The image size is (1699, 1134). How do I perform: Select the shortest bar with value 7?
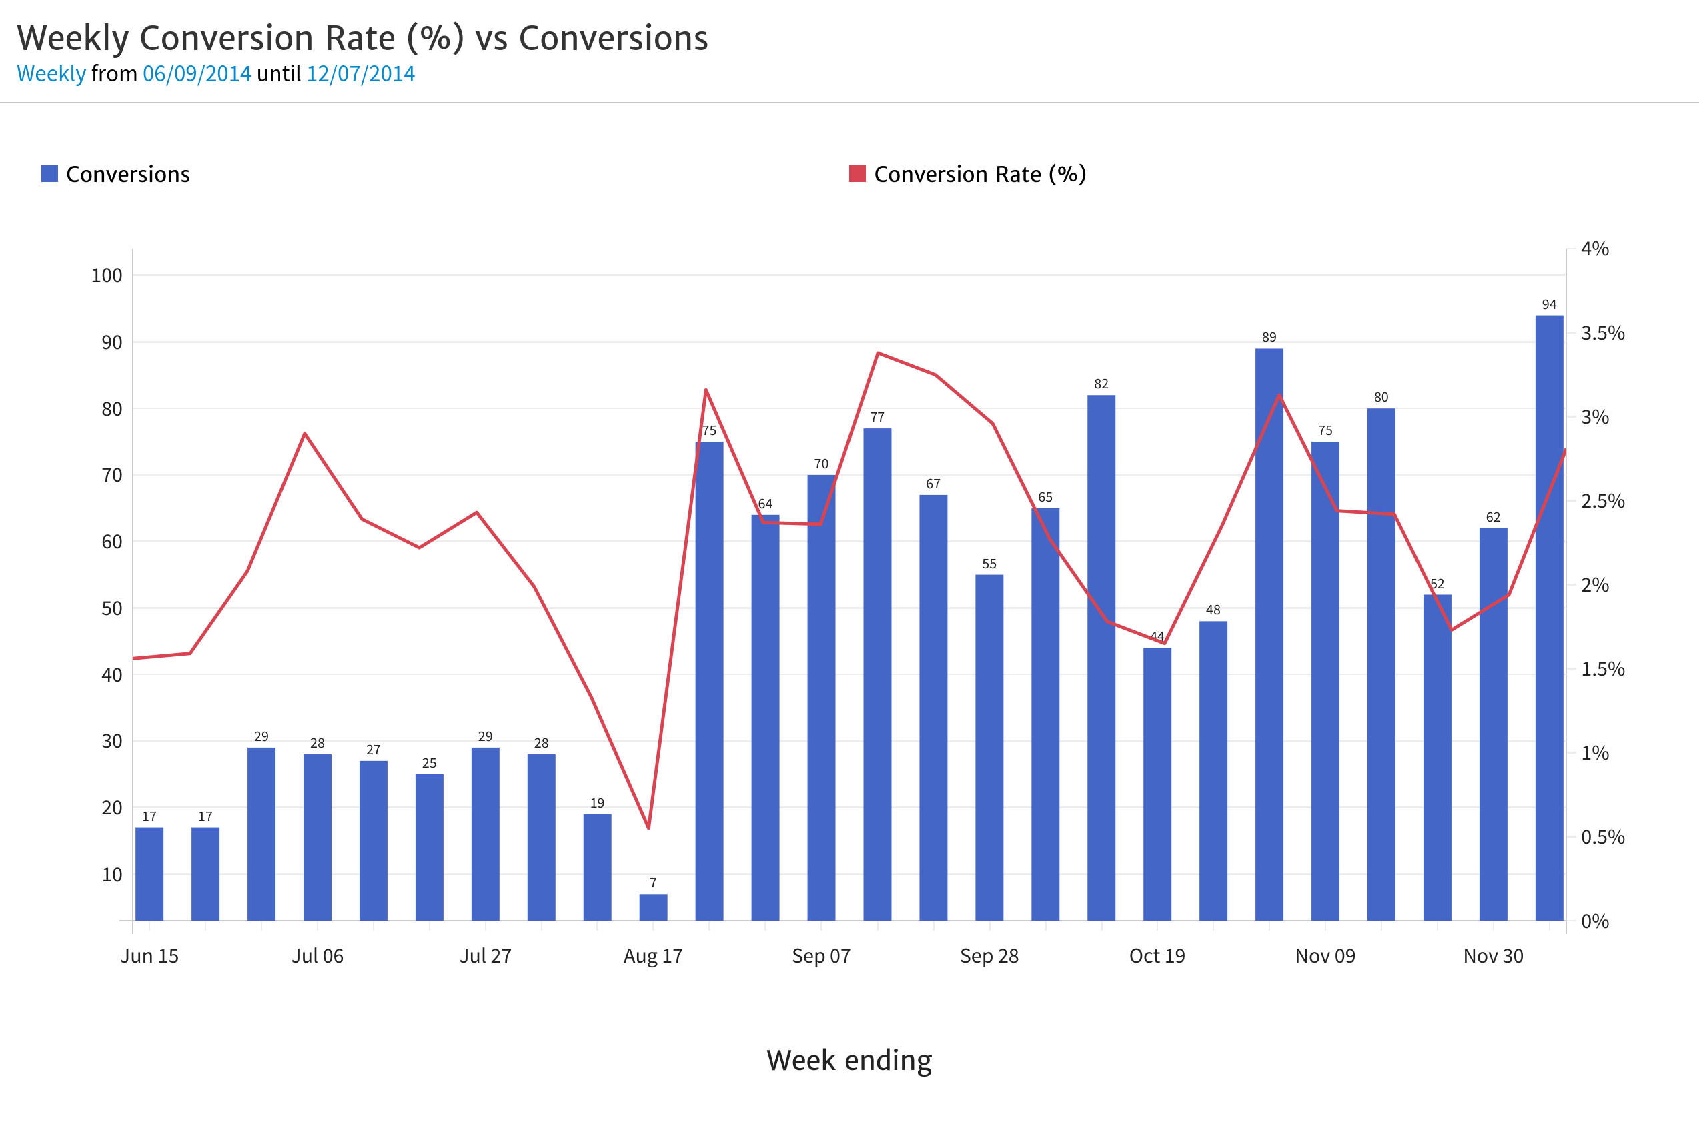pyautogui.click(x=653, y=907)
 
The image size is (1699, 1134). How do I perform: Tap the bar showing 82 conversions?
pyautogui.click(x=1101, y=658)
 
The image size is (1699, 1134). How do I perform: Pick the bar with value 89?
pyautogui.click(x=1269, y=634)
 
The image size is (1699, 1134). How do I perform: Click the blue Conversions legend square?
pyautogui.click(x=49, y=174)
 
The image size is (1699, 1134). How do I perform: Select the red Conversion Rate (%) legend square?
pyautogui.click(x=857, y=174)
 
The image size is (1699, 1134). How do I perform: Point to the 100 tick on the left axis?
pyautogui.click(x=106, y=275)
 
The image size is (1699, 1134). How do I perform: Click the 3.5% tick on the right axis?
pyautogui.click(x=1602, y=334)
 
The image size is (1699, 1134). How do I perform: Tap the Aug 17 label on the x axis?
pyautogui.click(x=653, y=956)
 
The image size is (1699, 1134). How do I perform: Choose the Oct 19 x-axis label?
pyautogui.click(x=1157, y=956)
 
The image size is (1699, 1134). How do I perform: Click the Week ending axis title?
pyautogui.click(x=849, y=1060)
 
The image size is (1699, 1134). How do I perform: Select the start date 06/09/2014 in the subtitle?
pyautogui.click(x=197, y=74)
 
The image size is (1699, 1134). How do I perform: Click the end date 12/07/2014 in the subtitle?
pyautogui.click(x=360, y=74)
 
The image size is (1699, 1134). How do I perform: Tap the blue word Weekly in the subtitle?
pyautogui.click(x=51, y=74)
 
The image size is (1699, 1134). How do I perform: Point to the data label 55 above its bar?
pyautogui.click(x=989, y=564)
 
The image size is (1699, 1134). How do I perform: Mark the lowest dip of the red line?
pyautogui.click(x=649, y=828)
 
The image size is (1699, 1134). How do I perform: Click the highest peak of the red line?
pyautogui.click(x=877, y=353)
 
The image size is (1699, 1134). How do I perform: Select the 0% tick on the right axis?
pyautogui.click(x=1594, y=921)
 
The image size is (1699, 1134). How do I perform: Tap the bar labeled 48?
pyautogui.click(x=1213, y=770)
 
